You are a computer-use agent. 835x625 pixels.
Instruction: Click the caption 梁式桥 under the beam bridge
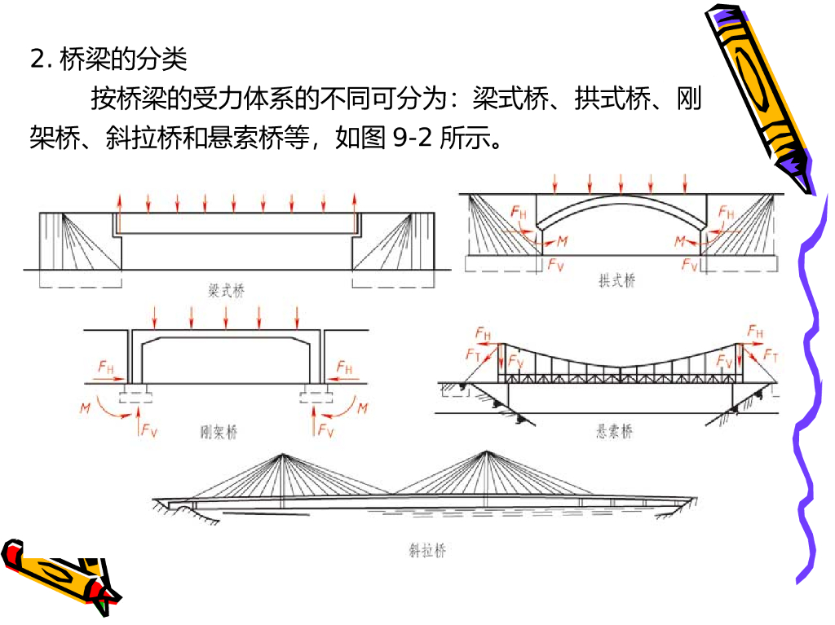point(227,288)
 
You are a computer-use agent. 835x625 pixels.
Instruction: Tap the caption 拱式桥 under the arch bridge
point(616,280)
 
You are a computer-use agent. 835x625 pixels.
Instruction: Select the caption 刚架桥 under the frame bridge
point(219,432)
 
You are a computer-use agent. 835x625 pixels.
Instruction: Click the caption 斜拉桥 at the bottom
point(427,551)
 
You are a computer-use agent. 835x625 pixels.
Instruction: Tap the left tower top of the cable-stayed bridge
point(281,453)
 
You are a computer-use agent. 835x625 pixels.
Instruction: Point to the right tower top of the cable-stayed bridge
point(486,451)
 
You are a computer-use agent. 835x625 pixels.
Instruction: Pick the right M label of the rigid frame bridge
point(363,407)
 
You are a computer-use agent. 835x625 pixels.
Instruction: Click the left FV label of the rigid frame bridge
point(148,430)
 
